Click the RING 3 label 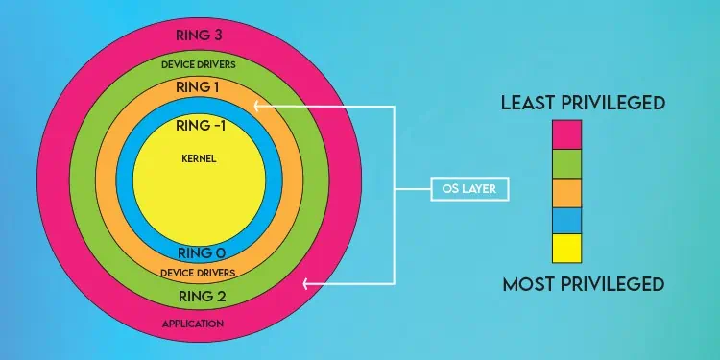[200, 36]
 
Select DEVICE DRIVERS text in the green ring [200, 64]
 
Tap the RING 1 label [200, 87]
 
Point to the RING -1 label [200, 125]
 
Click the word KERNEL [199, 158]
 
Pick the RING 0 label [202, 253]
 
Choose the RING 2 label [202, 295]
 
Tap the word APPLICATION [199, 324]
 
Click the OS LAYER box [468, 188]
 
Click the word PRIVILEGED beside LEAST [616, 102]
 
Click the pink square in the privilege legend [567, 134]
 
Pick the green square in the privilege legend [567, 163]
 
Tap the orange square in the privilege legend [567, 192]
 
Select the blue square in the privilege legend [567, 220]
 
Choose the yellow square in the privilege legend [567, 248]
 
